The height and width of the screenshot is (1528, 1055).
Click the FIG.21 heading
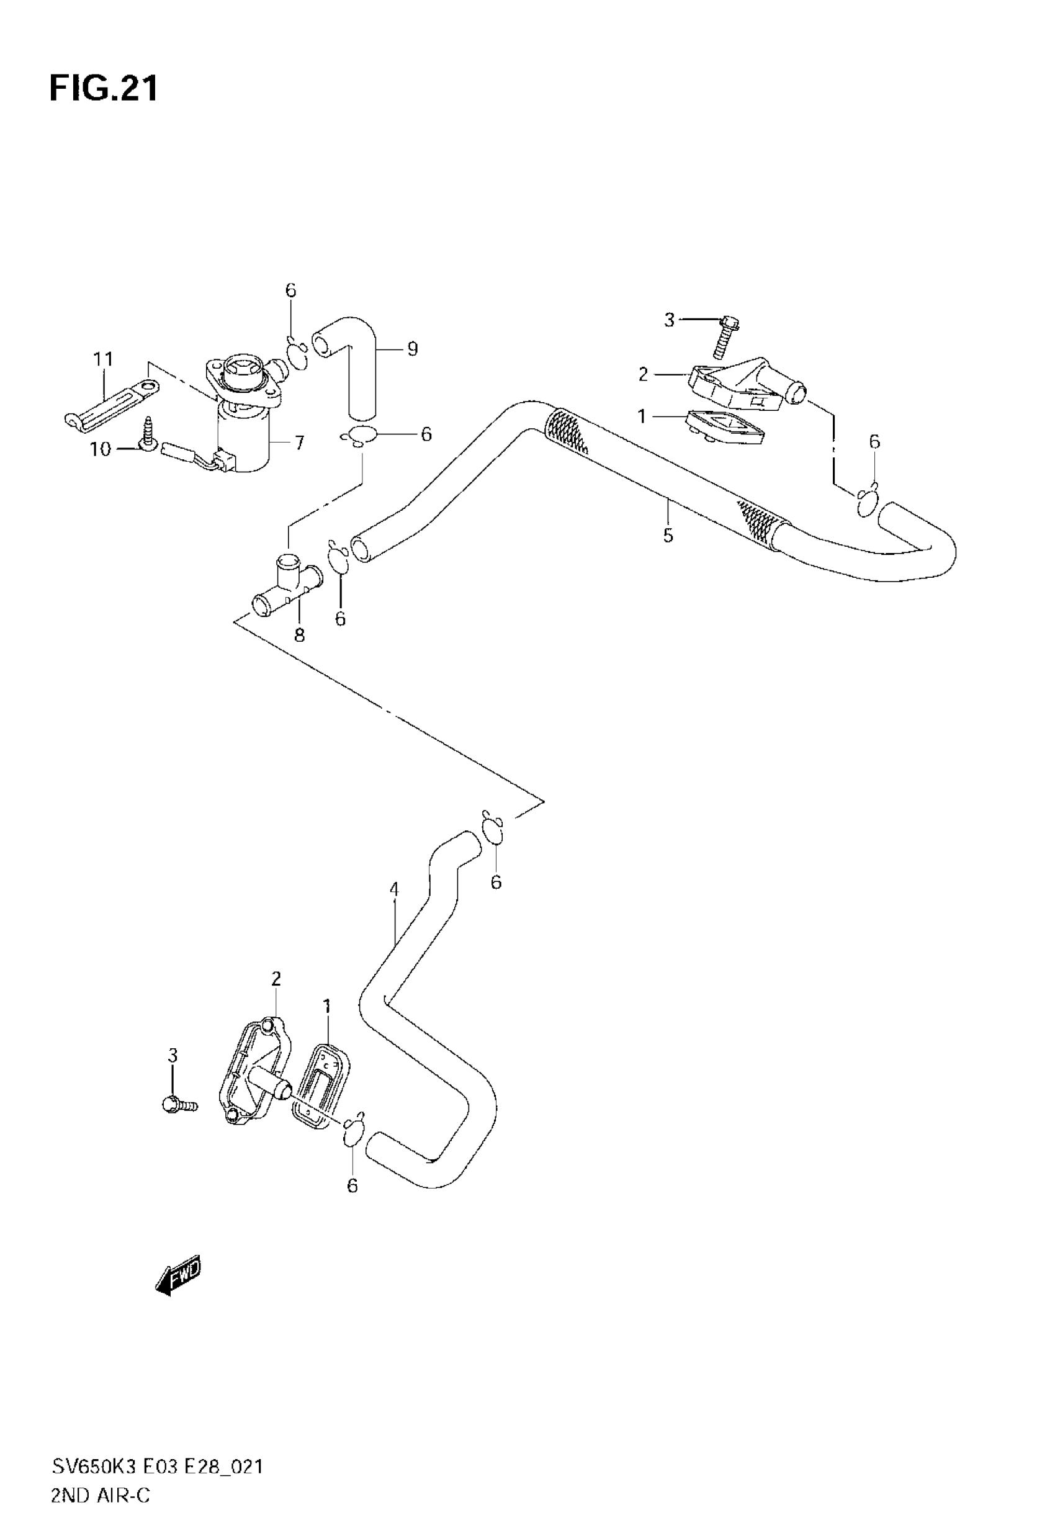pos(104,88)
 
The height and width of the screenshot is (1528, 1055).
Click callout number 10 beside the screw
pos(101,449)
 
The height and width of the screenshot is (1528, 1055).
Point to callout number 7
pos(300,442)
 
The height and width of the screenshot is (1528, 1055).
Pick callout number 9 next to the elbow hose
pos(413,348)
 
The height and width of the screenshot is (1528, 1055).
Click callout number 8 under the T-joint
pos(300,635)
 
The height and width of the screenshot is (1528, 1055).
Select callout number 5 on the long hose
pos(668,534)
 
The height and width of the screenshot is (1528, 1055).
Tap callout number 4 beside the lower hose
pos(394,889)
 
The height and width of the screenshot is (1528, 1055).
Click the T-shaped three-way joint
pos(286,584)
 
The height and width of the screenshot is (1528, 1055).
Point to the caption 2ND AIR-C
pos(101,1494)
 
